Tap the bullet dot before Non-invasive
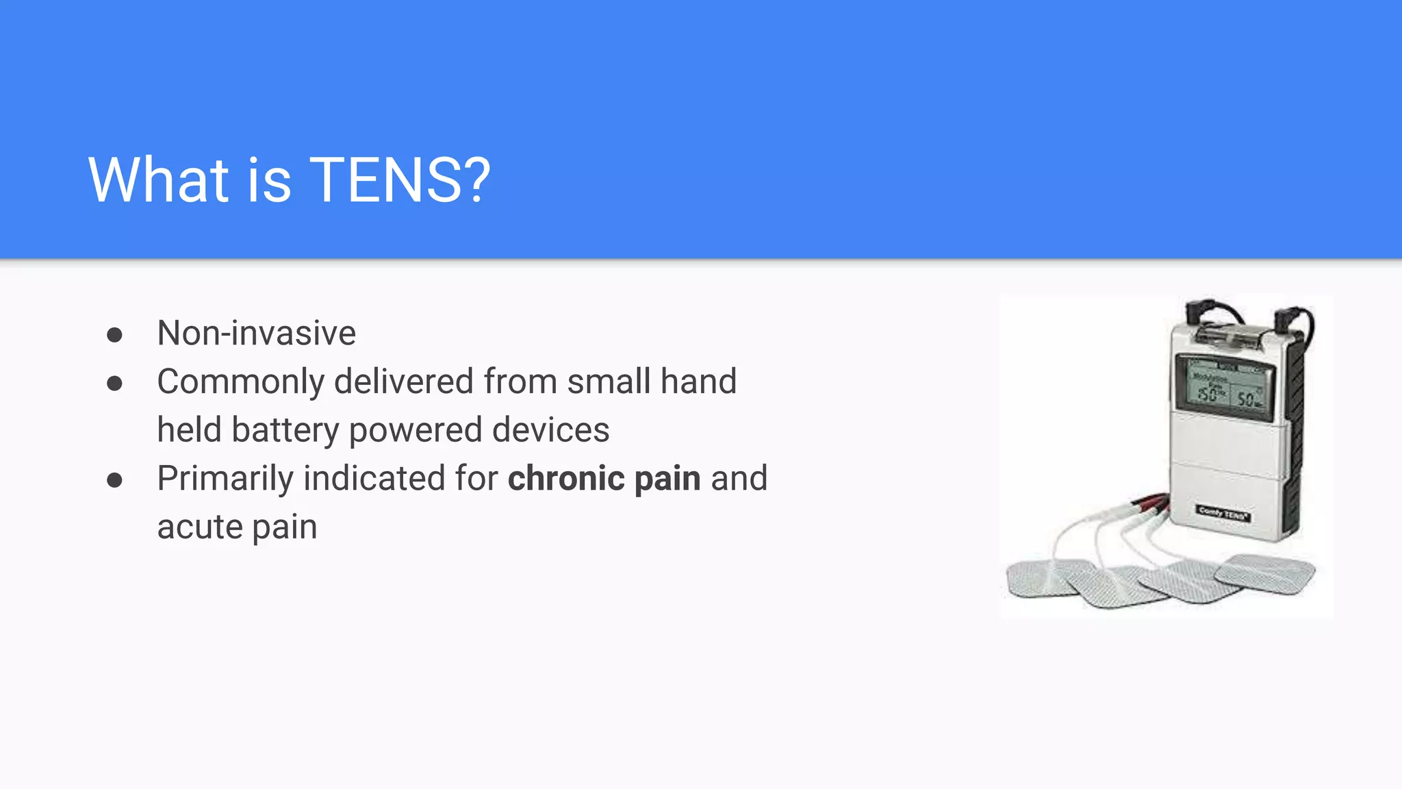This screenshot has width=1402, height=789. (x=114, y=335)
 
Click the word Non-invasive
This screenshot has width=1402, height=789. (x=257, y=334)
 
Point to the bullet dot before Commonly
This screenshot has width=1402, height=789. (x=114, y=384)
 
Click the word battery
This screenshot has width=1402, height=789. (x=285, y=431)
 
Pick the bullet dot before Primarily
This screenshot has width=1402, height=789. (x=114, y=480)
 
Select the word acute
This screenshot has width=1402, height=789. (x=200, y=527)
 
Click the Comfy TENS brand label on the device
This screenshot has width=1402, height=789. (x=1223, y=512)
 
